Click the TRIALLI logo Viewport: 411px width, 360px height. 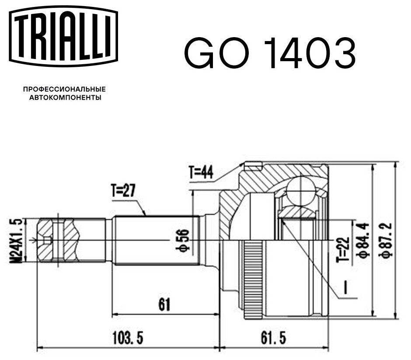[63, 36]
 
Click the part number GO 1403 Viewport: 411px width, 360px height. [270, 52]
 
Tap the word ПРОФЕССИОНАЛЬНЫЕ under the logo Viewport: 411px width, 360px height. [64, 89]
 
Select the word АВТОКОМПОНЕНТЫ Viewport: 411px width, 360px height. [65, 98]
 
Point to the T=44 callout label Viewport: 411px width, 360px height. [201, 172]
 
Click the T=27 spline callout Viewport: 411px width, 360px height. [123, 190]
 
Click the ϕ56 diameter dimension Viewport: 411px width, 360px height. [182, 240]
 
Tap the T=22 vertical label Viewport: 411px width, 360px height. [344, 249]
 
